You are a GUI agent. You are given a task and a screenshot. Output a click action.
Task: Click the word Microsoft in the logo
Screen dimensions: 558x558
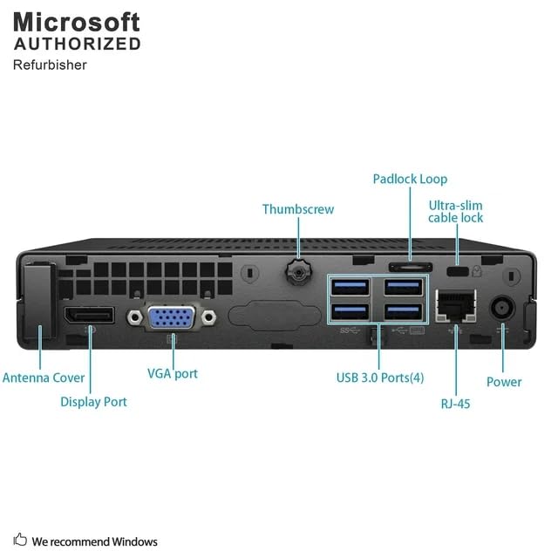tap(77, 21)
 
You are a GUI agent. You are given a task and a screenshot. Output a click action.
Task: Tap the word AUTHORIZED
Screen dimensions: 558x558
tap(77, 44)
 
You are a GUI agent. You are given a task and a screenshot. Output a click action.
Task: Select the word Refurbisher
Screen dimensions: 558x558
tap(50, 65)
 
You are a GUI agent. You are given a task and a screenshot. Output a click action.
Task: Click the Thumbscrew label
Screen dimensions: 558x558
tap(298, 209)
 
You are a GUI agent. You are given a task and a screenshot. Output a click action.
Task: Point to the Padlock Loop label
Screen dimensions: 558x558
tap(410, 179)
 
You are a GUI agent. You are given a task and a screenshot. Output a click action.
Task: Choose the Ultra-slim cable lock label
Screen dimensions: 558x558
tap(455, 211)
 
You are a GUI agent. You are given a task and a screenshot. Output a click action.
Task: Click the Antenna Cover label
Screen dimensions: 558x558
tap(44, 378)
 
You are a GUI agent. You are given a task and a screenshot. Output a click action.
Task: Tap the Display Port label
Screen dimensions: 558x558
tap(93, 402)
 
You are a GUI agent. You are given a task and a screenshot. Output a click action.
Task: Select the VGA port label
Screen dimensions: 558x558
tap(173, 373)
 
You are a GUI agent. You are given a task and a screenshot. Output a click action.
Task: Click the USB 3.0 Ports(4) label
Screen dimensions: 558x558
tap(380, 378)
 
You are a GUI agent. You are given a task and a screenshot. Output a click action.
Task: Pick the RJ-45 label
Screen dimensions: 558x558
tap(456, 404)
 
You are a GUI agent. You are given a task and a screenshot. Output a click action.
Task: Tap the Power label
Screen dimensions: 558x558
tap(504, 382)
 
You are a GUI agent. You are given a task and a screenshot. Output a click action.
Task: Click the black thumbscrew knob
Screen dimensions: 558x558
tap(298, 272)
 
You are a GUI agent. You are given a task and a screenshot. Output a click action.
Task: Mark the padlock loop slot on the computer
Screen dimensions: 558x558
tap(409, 266)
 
